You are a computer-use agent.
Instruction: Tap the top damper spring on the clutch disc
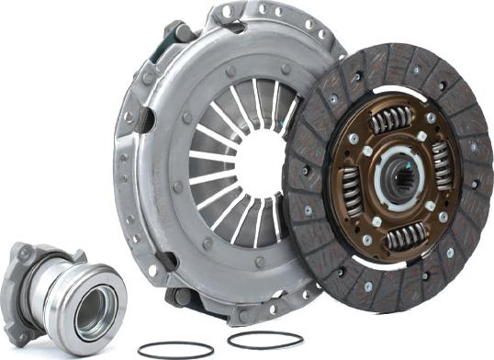tap(392, 118)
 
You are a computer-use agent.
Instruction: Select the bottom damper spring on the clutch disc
tap(405, 238)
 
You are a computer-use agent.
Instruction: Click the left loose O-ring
tap(174, 350)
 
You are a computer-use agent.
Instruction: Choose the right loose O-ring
tap(265, 340)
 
